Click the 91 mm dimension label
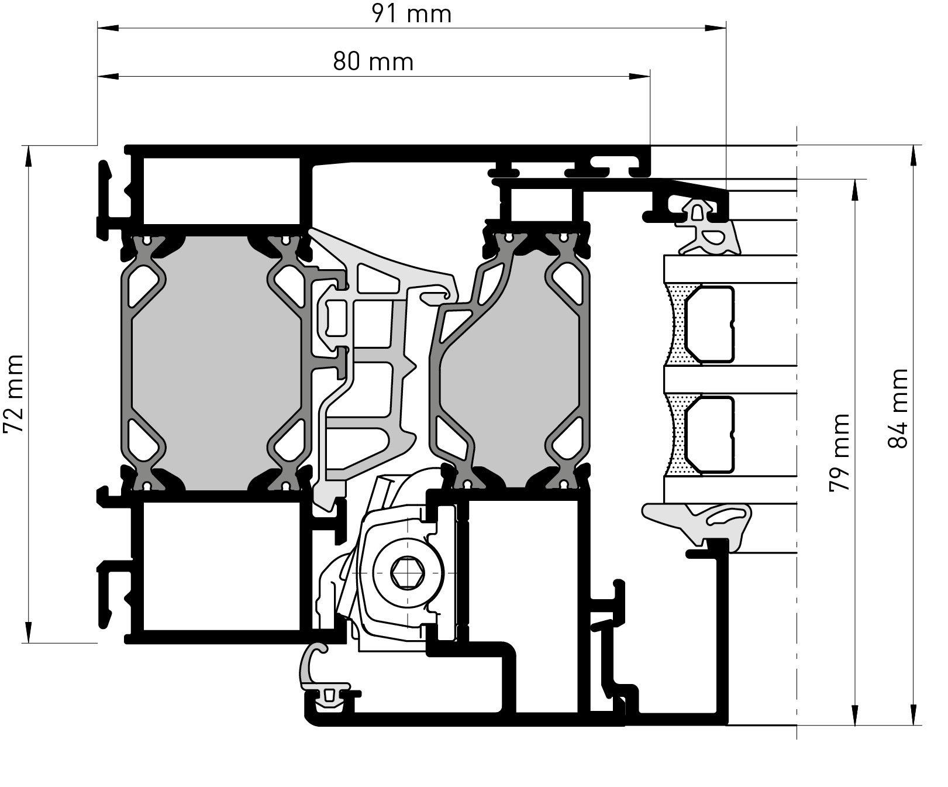click(412, 14)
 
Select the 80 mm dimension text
click(373, 61)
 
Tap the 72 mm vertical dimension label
click(14, 394)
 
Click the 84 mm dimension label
click(898, 408)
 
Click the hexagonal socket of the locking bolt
click(408, 572)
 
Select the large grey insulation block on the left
click(216, 363)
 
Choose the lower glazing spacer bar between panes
click(709, 434)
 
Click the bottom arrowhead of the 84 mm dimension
click(912, 714)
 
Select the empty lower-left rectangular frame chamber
click(222, 566)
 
